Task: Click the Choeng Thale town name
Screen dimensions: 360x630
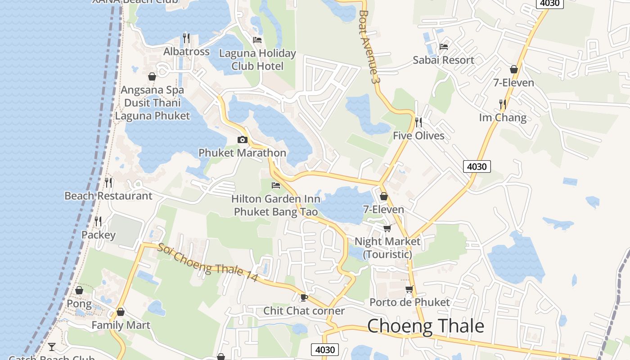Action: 425,326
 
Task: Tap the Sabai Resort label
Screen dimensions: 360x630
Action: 443,60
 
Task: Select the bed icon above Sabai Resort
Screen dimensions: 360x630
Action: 444,46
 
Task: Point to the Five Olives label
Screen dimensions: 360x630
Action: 418,135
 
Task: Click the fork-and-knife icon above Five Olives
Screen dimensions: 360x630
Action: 418,121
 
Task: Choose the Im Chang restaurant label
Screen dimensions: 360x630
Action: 503,118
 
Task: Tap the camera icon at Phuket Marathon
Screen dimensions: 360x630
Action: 243,139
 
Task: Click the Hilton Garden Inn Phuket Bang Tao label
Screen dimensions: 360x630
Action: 276,205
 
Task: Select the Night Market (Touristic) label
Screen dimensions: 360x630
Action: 387,247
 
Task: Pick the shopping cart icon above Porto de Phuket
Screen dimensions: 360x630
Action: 409,289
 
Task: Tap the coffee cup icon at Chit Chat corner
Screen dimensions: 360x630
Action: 304,297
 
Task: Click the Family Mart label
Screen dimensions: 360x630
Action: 121,325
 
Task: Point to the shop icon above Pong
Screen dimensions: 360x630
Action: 79,290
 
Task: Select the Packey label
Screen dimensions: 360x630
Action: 98,235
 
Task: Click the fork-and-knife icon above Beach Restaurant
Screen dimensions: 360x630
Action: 108,182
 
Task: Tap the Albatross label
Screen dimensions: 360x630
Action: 186,52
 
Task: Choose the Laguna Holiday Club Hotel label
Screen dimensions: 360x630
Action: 257,60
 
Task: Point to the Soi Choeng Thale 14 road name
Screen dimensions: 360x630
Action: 207,263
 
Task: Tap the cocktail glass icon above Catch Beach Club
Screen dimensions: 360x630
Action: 52,346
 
